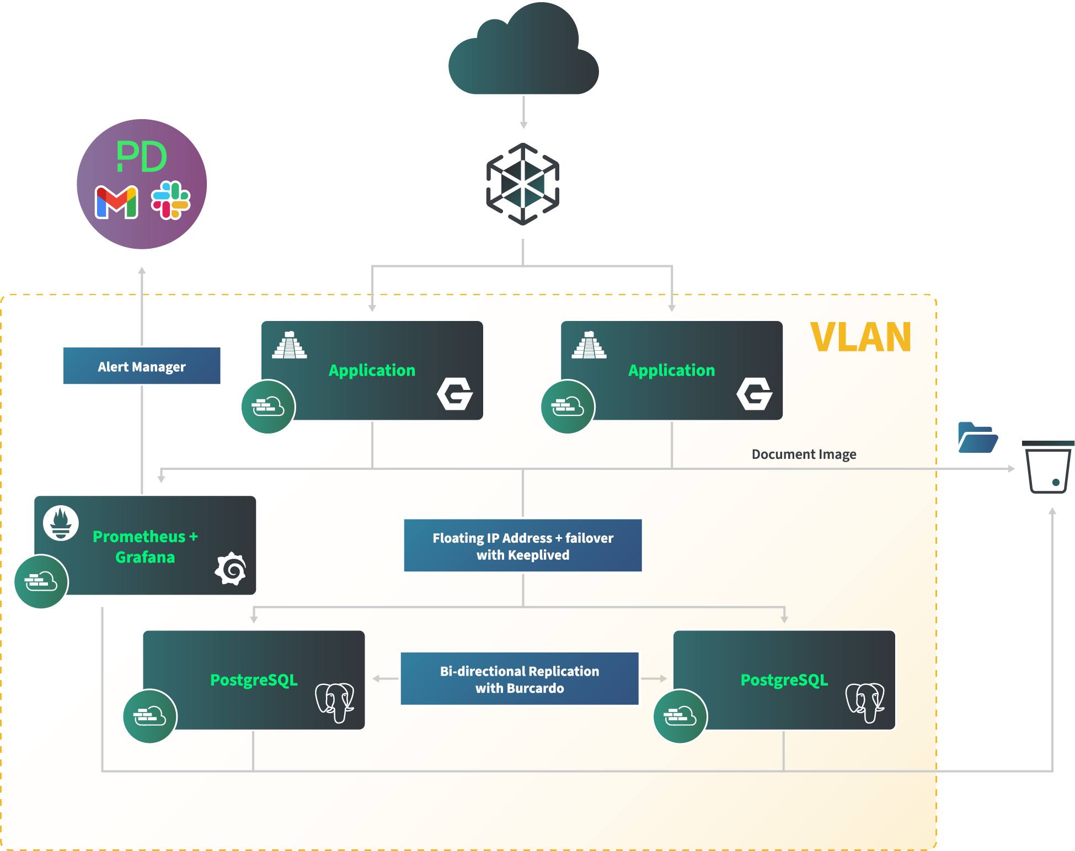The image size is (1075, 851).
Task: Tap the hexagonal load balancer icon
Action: click(522, 184)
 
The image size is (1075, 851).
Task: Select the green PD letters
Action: click(142, 157)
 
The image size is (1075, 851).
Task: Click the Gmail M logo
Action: click(116, 202)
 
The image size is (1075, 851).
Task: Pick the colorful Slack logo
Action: click(171, 200)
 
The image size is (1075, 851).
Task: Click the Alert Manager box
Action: click(142, 366)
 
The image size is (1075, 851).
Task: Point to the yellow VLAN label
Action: click(860, 337)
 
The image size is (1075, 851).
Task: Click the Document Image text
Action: click(804, 454)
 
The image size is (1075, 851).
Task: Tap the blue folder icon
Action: click(977, 438)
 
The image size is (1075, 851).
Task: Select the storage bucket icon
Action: click(1048, 467)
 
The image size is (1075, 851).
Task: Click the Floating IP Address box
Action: click(522, 545)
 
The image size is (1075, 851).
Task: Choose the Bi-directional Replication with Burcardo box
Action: click(519, 679)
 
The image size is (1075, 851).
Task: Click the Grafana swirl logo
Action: click(231, 569)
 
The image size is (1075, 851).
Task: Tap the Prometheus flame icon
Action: click(61, 522)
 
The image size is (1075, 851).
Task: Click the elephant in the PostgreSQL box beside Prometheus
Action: click(334, 702)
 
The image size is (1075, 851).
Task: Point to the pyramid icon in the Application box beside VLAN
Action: click(589, 345)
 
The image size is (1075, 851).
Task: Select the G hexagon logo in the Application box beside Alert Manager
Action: click(455, 394)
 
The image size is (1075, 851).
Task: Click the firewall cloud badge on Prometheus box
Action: click(41, 581)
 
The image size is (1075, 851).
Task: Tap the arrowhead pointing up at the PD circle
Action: click(142, 271)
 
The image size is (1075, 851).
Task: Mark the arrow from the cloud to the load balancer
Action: click(523, 113)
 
